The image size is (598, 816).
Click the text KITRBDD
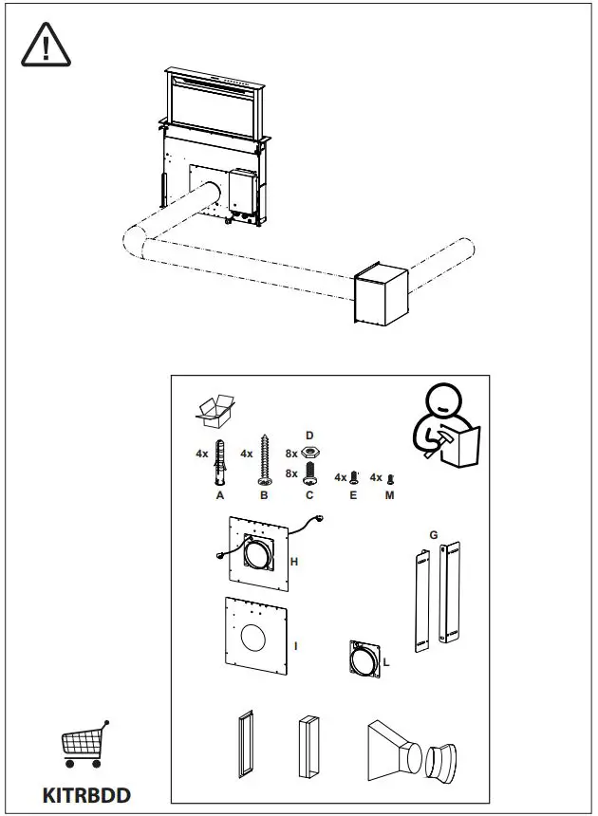[86, 795]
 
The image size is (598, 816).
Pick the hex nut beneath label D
[308, 453]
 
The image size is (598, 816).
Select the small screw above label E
[354, 477]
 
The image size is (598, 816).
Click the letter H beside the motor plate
[295, 563]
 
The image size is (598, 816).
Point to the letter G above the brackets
[433, 535]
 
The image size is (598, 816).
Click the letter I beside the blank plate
[296, 646]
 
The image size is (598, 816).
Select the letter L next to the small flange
[386, 661]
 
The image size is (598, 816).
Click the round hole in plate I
[254, 639]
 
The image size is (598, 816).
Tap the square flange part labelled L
[364, 657]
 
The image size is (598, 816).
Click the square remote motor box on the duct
[380, 294]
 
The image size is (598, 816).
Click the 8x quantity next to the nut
[291, 454]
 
